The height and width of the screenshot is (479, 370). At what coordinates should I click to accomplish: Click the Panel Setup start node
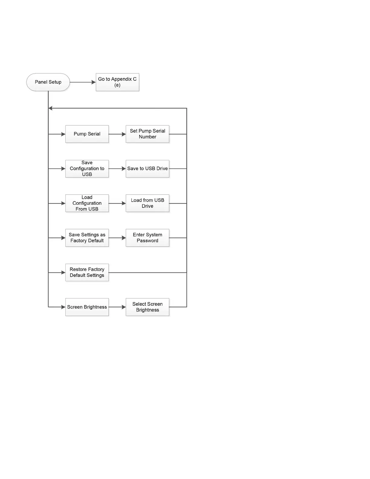48,82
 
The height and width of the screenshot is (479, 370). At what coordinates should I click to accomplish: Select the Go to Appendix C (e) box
117,82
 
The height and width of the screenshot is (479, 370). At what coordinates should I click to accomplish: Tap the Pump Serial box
87,134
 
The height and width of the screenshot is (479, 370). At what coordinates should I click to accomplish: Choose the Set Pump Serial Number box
148,134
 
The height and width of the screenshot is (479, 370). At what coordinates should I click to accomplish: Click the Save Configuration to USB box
87,168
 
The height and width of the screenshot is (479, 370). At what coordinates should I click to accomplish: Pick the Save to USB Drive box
148,168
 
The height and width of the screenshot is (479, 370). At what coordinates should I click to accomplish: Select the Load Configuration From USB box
87,203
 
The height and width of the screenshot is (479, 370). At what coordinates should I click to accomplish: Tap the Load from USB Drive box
148,203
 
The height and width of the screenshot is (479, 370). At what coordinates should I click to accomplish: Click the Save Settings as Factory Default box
87,238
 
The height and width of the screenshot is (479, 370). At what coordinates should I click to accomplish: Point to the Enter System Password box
148,238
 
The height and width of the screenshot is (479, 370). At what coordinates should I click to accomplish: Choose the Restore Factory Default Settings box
87,272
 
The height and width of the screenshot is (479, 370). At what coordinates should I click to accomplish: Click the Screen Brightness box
87,307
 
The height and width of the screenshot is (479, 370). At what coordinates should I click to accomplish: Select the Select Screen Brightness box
148,307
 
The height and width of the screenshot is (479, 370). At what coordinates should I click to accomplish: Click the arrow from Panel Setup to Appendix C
83,82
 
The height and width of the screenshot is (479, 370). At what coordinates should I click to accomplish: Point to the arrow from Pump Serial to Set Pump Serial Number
117,134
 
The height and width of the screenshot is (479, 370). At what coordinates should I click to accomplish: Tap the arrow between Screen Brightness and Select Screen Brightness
117,307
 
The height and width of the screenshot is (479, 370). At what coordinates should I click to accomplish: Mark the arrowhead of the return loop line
50,108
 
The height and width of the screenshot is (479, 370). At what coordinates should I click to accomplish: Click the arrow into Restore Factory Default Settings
57,272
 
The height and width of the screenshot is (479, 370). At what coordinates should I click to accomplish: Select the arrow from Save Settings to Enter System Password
117,238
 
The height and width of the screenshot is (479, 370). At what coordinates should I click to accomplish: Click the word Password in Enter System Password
148,241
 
